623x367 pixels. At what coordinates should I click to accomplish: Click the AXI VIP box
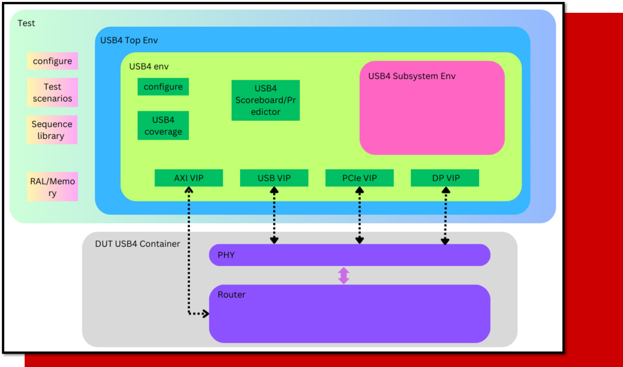click(189, 178)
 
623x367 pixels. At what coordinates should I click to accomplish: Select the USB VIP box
click(274, 178)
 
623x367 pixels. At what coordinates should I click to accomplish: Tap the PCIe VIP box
click(359, 178)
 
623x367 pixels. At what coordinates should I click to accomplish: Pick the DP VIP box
click(445, 178)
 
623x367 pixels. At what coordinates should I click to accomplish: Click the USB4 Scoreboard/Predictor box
click(265, 100)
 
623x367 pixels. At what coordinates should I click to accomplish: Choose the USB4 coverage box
click(163, 126)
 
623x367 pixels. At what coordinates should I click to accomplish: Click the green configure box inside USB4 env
click(163, 87)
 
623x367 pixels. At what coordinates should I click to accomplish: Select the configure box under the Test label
click(52, 61)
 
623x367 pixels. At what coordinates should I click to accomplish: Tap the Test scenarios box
click(52, 93)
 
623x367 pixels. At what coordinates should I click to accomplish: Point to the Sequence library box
click(52, 130)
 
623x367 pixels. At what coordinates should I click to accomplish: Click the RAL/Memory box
click(52, 187)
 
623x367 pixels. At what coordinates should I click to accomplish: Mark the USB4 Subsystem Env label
click(412, 76)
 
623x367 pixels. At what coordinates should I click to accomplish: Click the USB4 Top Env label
click(129, 40)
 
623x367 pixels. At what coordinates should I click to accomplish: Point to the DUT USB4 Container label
click(137, 244)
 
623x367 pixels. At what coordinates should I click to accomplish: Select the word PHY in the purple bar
click(226, 255)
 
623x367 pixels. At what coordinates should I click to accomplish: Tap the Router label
click(232, 295)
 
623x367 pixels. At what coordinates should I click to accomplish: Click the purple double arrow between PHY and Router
click(343, 276)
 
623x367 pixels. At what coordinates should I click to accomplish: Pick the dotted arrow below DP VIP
click(445, 215)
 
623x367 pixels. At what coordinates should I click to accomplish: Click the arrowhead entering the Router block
click(205, 314)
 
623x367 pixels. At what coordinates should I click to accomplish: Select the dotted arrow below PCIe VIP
click(359, 215)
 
